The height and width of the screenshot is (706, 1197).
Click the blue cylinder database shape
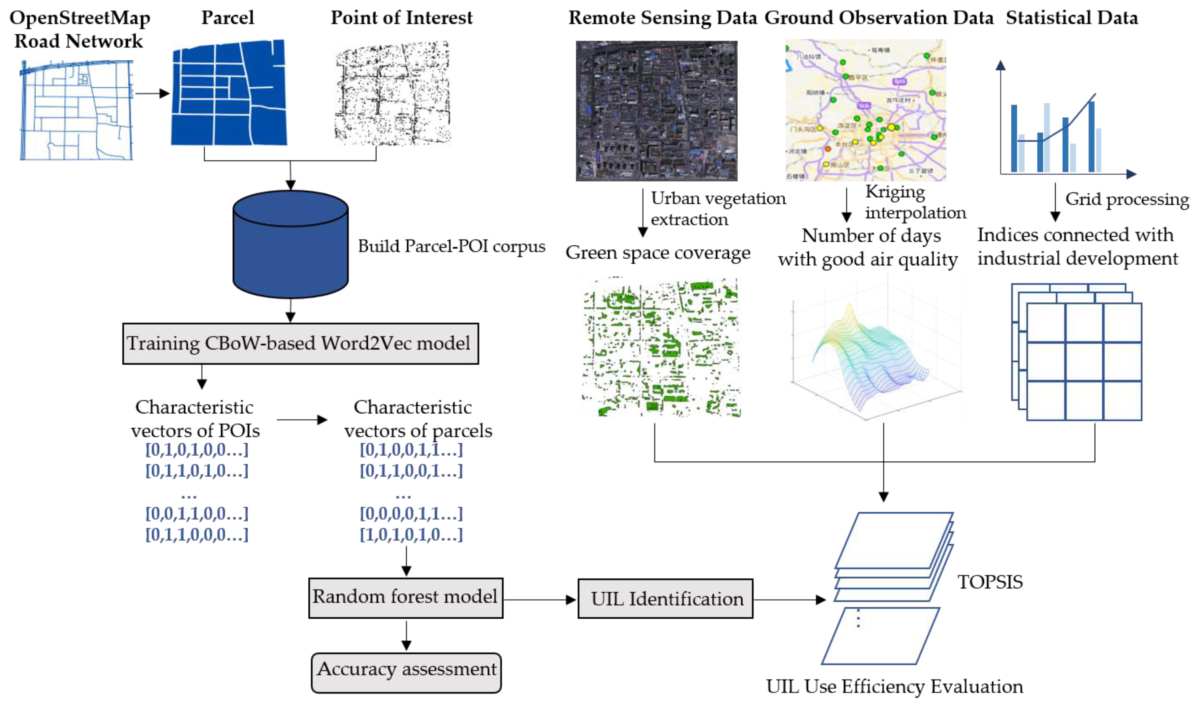point(290,245)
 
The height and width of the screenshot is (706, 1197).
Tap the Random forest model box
point(406,598)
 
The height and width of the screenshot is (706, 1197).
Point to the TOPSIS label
point(990,582)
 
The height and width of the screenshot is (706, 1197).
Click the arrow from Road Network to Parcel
point(152,93)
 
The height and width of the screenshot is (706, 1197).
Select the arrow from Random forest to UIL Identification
point(540,600)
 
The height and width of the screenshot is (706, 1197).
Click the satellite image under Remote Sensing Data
point(656,110)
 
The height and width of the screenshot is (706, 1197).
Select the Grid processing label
point(1126,199)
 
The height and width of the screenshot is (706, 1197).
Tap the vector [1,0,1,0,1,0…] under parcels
point(411,535)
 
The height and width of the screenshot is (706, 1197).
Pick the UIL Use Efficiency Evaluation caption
point(894,687)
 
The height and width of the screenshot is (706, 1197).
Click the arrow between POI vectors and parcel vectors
point(302,420)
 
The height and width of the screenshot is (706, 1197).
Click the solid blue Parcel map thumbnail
point(229,93)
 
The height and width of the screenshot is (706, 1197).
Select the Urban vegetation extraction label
point(718,208)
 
